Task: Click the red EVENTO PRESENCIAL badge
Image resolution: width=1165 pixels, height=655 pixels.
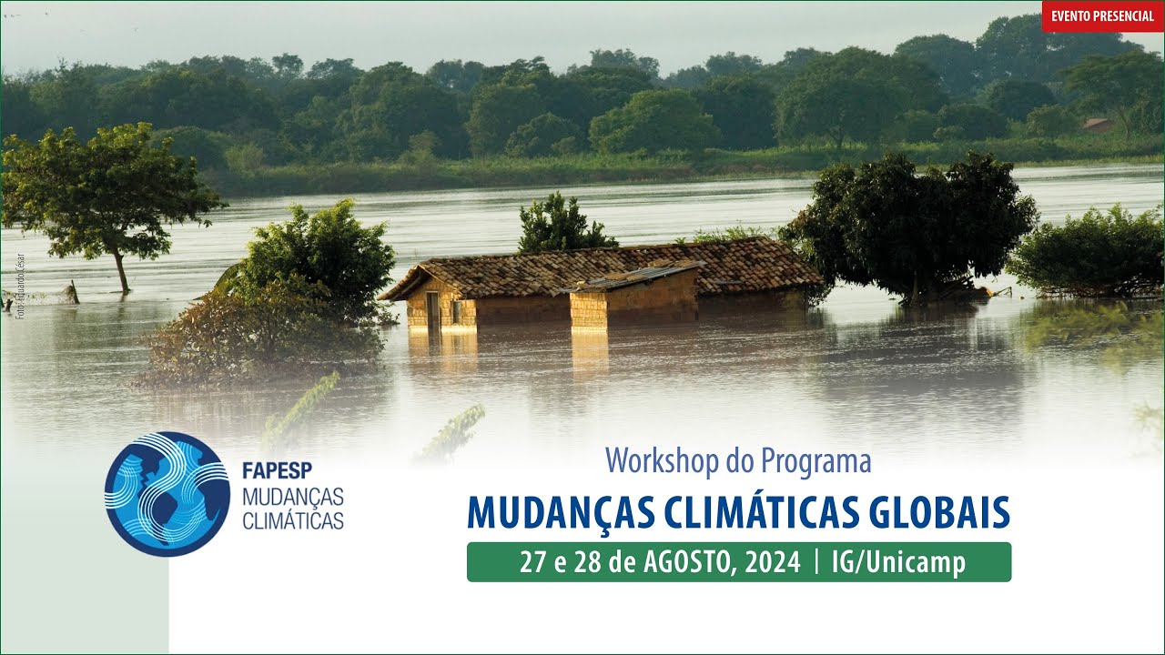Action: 1102,16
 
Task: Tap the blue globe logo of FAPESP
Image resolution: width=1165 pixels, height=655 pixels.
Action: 167,494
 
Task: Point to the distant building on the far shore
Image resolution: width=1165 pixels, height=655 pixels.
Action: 1098,124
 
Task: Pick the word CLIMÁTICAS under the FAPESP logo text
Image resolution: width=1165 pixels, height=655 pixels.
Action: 293,521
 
